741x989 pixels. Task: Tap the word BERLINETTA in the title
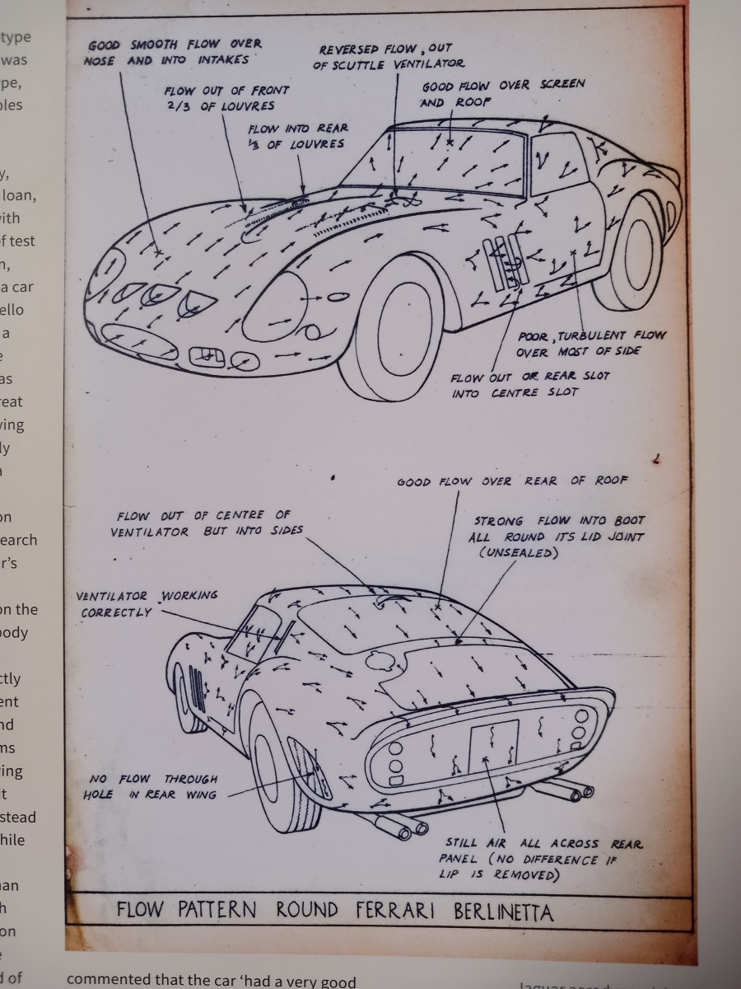tap(503, 912)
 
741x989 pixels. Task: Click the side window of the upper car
tap(558, 162)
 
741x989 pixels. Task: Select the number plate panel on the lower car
tap(493, 747)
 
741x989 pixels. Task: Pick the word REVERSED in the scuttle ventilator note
tap(351, 50)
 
